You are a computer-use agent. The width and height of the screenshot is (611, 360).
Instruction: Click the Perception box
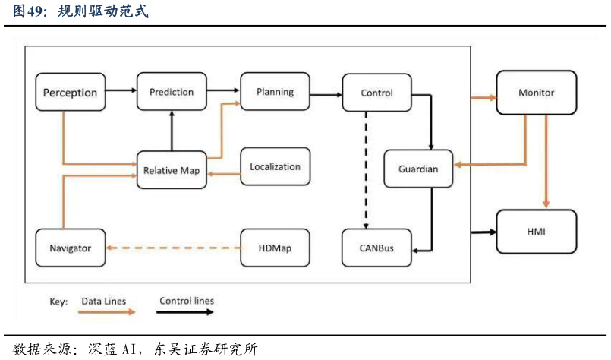(x=70, y=93)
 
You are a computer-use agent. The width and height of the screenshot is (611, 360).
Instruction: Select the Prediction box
(x=172, y=92)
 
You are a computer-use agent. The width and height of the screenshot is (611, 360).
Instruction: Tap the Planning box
(x=275, y=92)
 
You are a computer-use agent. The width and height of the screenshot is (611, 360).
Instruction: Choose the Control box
(x=376, y=93)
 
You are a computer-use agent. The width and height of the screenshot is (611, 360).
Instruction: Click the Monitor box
(x=536, y=93)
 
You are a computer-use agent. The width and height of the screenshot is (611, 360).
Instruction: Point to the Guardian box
(x=418, y=169)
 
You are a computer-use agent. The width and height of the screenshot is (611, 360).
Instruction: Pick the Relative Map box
(x=172, y=170)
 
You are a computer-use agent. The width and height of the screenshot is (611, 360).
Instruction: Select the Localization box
(x=275, y=167)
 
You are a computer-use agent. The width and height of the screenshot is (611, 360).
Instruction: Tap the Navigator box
(x=70, y=248)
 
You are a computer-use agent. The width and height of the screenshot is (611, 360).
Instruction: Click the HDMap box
(x=275, y=248)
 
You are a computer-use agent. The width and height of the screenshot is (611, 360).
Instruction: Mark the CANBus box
(x=376, y=248)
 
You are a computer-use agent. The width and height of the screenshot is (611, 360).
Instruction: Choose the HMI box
(x=536, y=232)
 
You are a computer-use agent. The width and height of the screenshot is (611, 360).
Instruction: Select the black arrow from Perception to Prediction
(x=121, y=91)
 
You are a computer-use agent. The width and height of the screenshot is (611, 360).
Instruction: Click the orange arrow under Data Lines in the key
(x=106, y=311)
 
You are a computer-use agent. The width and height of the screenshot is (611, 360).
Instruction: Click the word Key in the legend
(x=58, y=302)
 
